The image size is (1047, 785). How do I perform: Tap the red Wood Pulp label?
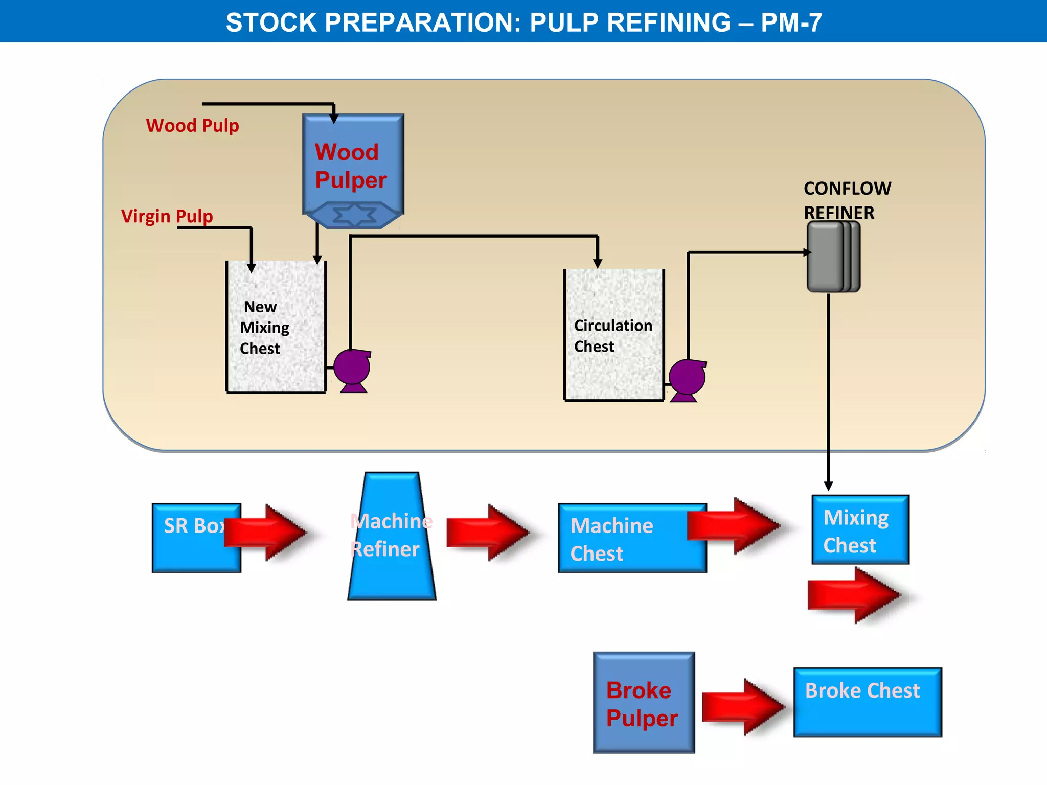tap(192, 125)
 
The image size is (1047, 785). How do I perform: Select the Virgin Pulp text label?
tap(167, 216)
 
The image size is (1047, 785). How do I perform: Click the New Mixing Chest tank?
tap(276, 327)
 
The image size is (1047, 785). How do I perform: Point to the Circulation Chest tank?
tap(613, 335)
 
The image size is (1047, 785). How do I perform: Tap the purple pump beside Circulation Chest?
tap(687, 379)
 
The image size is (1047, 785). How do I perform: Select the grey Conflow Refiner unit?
tap(833, 257)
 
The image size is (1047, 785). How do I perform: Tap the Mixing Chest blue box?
tap(860, 530)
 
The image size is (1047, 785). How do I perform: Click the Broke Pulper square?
tap(644, 703)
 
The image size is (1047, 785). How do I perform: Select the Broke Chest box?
tap(867, 703)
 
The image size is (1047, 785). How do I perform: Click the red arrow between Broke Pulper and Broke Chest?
tap(742, 707)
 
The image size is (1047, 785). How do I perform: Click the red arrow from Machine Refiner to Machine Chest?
tap(487, 533)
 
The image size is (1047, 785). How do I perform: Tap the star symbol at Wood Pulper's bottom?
tap(354, 215)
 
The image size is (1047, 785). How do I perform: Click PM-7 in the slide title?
tap(791, 22)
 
